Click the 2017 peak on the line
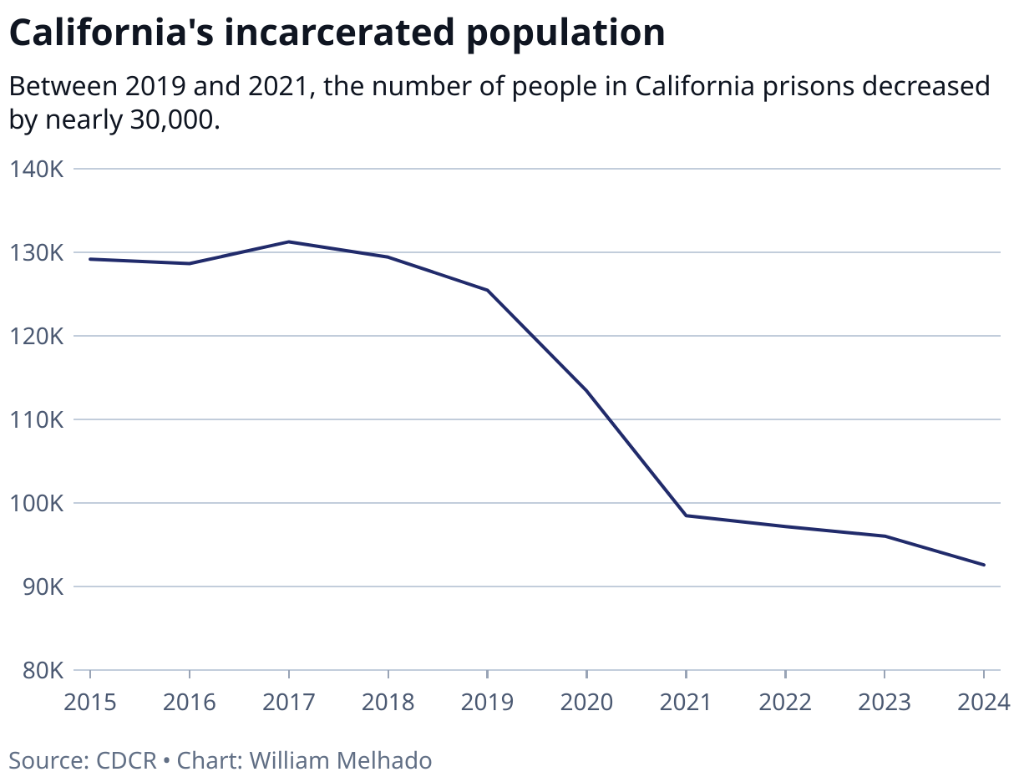coord(289,241)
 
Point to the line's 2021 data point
coord(686,515)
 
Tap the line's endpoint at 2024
coord(984,565)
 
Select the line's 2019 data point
coord(488,290)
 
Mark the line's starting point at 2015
coord(90,259)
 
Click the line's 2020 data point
coord(587,391)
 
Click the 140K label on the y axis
coord(36,170)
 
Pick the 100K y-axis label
coord(36,504)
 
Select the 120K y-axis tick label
coord(36,337)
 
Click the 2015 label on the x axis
coord(90,702)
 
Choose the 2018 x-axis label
coord(388,702)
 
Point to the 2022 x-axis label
coord(785,702)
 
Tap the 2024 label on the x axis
coord(983,702)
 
